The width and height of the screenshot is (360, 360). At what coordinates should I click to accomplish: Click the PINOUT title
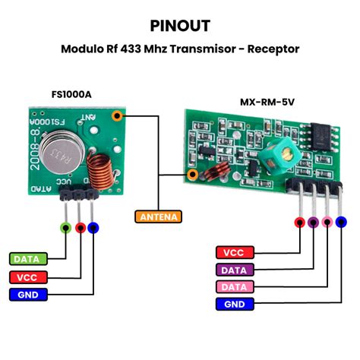click(179, 25)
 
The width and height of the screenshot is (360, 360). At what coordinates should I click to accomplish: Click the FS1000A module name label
click(72, 94)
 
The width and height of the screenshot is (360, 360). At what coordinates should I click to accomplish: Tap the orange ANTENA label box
click(158, 216)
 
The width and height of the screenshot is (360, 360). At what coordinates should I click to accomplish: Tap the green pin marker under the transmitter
click(66, 226)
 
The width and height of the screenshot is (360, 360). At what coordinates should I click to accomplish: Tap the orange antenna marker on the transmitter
click(117, 116)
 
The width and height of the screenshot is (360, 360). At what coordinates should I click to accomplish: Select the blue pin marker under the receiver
click(341, 222)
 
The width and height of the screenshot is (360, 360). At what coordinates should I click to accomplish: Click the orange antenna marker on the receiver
click(194, 175)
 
